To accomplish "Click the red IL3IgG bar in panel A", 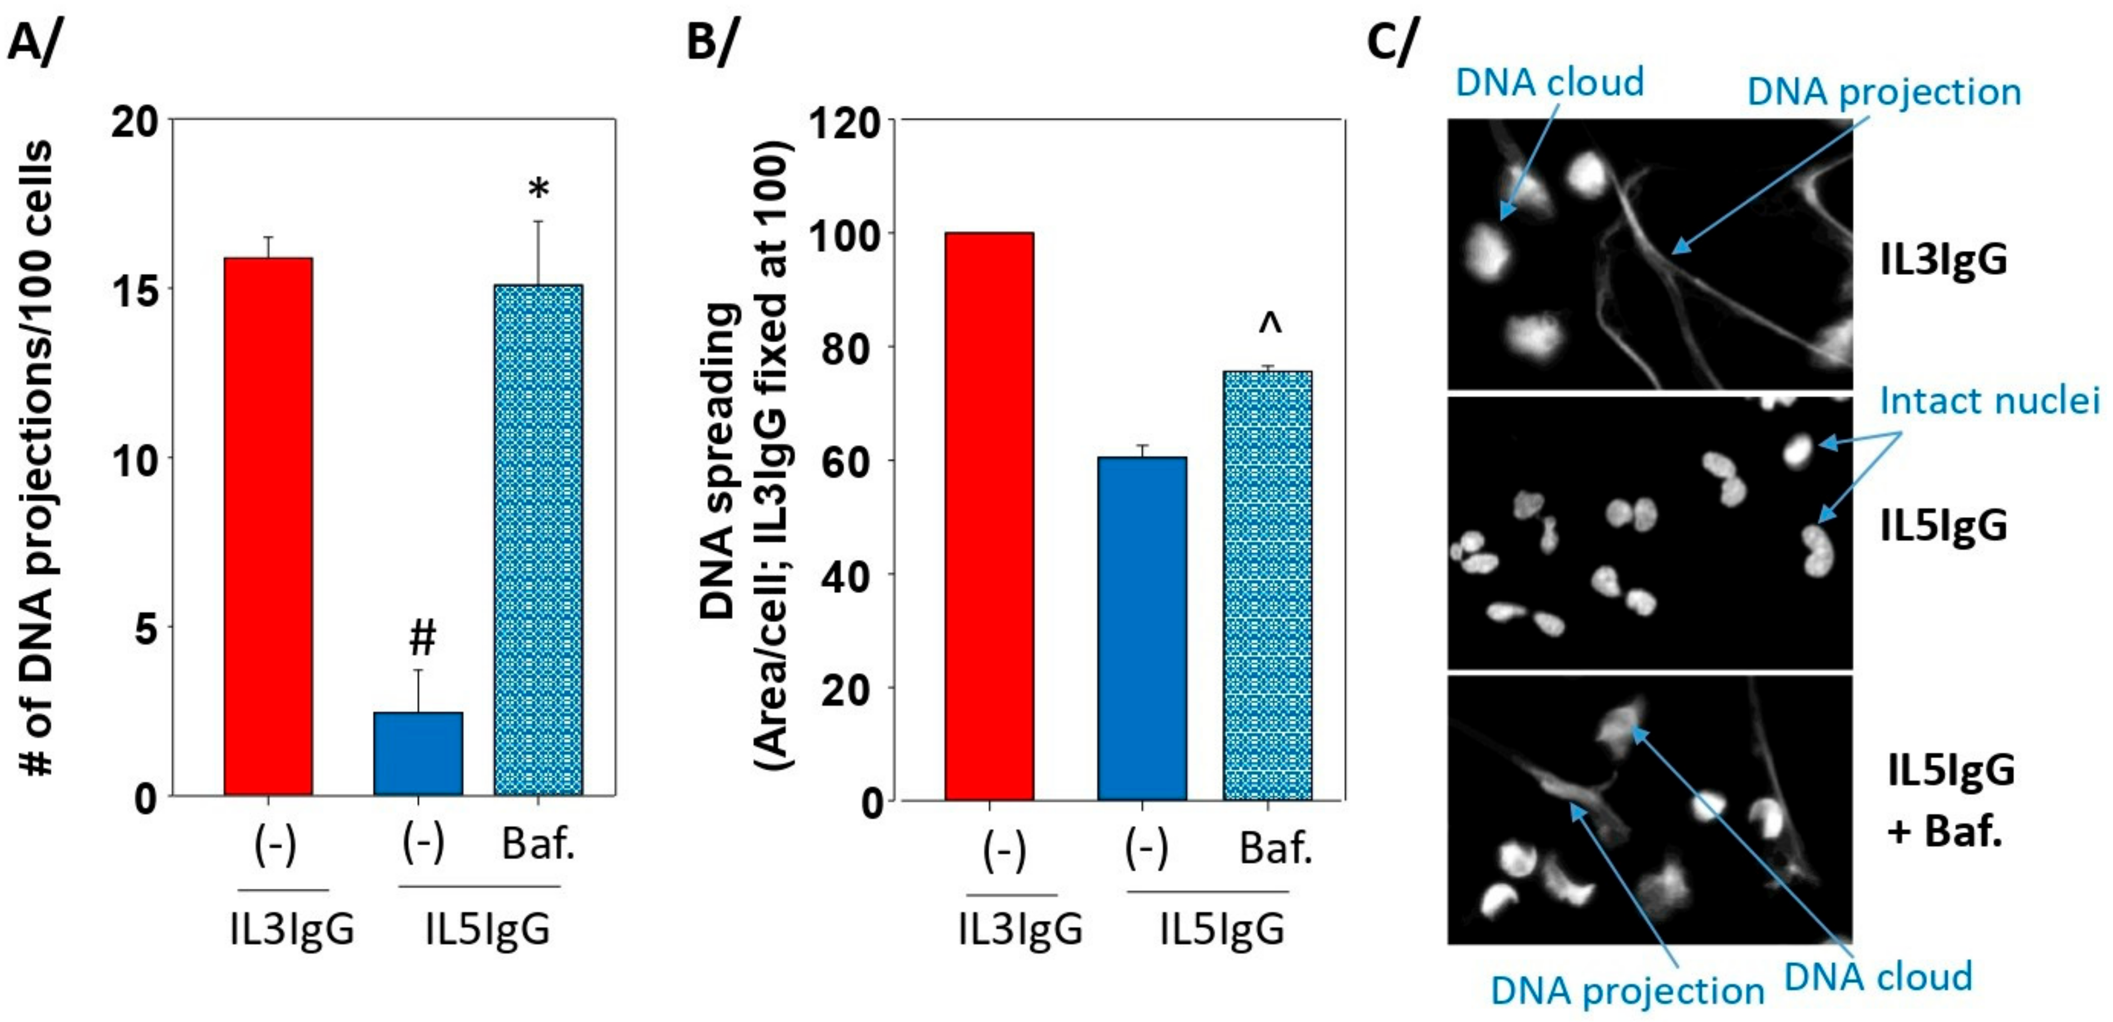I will pos(268,525).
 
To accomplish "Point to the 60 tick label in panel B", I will pos(853,462).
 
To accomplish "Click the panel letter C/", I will pos(1391,41).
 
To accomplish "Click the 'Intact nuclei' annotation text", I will pos(1989,401).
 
